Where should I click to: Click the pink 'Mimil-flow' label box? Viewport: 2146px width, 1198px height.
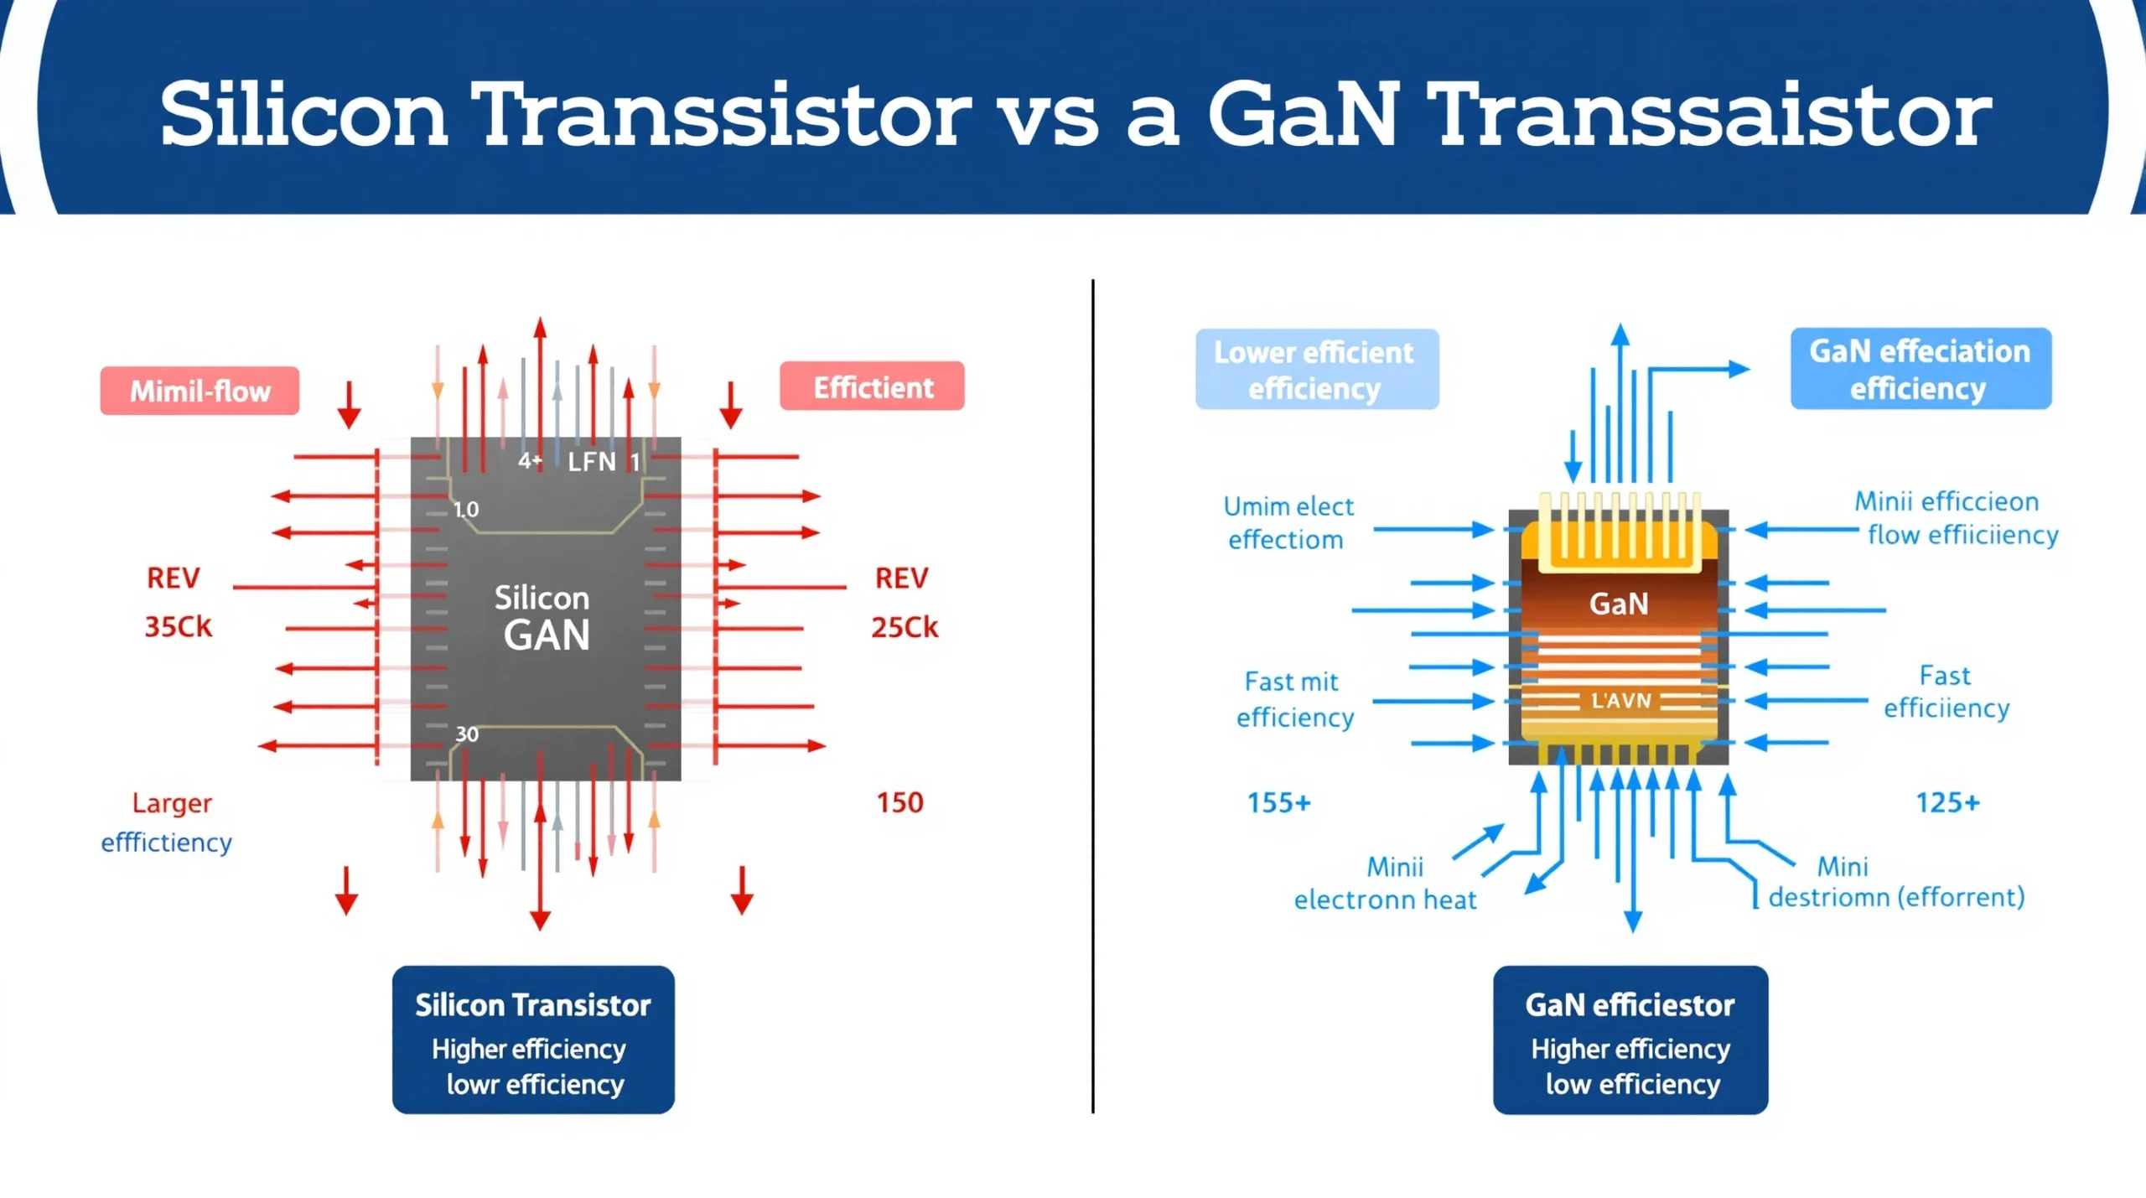click(200, 391)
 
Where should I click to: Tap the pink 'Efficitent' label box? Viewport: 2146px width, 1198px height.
click(872, 386)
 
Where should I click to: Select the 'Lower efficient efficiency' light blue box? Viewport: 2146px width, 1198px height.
click(1316, 369)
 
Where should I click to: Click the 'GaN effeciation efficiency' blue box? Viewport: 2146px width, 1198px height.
click(1920, 369)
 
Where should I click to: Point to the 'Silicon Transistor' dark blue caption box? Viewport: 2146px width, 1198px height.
click(533, 1040)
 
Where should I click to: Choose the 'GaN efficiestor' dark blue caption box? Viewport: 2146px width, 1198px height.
click(1630, 1040)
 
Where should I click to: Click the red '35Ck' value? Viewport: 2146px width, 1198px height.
click(179, 626)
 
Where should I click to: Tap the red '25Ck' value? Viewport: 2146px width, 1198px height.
click(905, 627)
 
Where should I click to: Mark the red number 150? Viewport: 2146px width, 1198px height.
click(899, 802)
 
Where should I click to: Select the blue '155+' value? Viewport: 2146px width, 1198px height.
click(1278, 802)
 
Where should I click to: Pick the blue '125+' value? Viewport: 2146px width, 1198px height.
click(1947, 802)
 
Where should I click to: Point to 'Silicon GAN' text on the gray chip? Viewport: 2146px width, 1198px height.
click(543, 616)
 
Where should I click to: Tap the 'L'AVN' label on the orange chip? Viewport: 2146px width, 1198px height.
click(1620, 700)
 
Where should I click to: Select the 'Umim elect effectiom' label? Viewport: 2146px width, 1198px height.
click(1288, 522)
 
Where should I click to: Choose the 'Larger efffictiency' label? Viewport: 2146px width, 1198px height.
click(168, 822)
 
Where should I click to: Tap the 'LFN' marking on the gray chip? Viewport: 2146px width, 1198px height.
click(592, 461)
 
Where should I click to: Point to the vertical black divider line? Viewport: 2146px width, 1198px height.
click(1093, 696)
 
